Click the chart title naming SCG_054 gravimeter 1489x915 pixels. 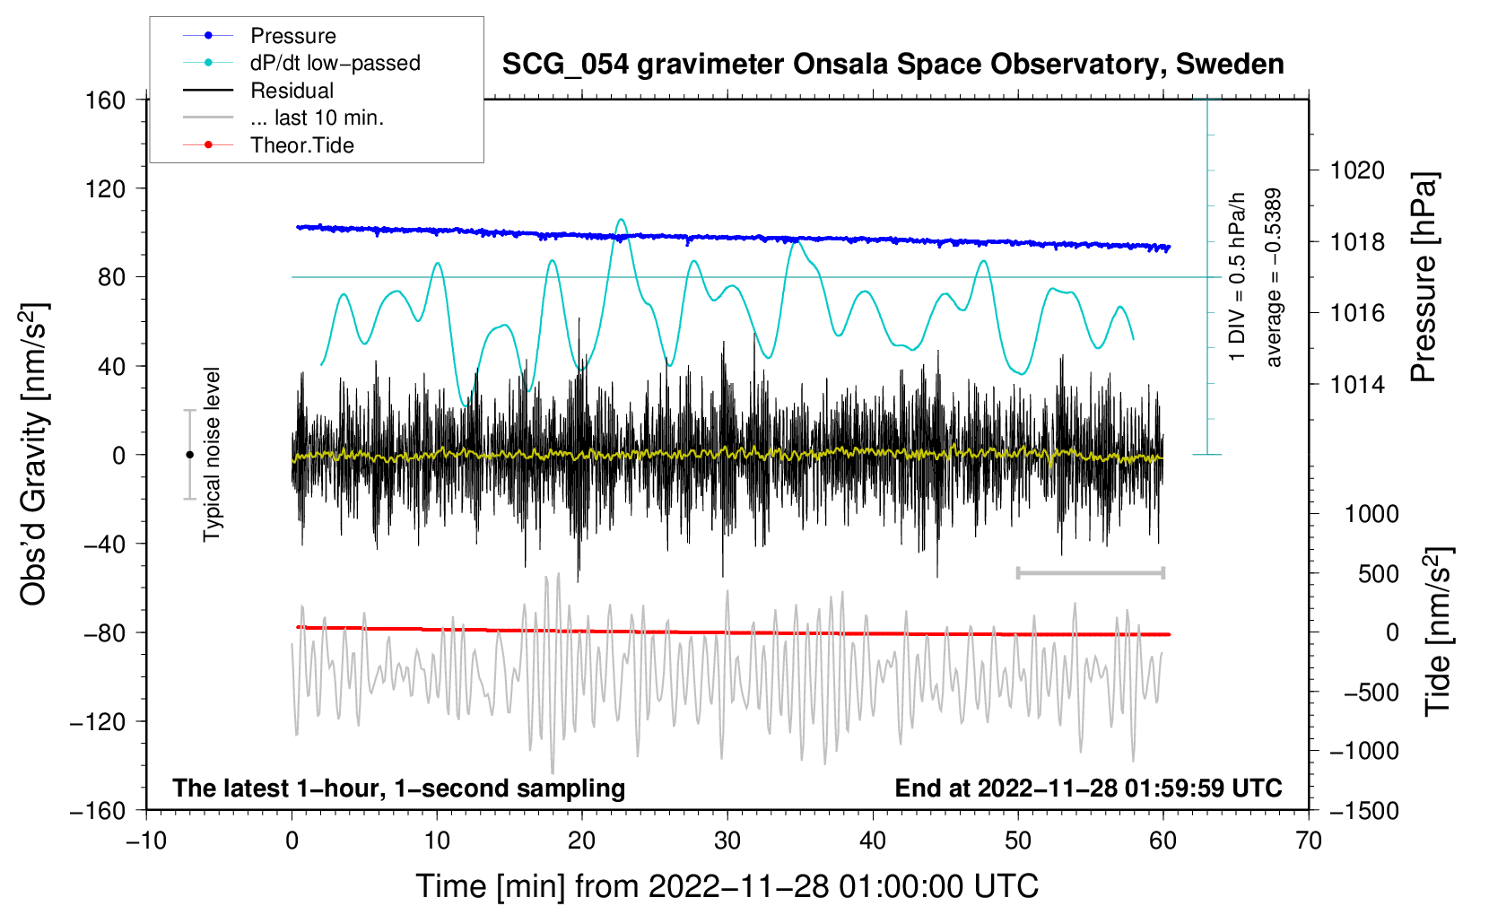pos(893,65)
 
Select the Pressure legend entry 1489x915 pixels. pos(292,36)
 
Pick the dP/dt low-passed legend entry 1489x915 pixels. pos(335,63)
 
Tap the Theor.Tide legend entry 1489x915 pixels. pos(301,145)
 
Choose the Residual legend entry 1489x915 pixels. pos(292,91)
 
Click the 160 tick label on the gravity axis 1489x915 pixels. pos(105,100)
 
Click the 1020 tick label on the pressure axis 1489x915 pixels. pos(1357,170)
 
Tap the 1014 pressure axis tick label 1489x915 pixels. pos(1357,385)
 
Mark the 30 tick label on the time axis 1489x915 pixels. pos(727,841)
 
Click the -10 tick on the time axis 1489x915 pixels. pos(146,841)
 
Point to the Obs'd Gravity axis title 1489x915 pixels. pos(33,455)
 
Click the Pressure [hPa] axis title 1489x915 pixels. pos(1424,278)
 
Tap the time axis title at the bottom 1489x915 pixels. pos(727,886)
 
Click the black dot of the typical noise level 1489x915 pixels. pos(189,455)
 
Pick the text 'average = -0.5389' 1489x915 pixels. pos(1273,278)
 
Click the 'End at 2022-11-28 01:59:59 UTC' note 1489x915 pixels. pos(1088,789)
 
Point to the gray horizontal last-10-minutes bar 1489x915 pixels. pos(1090,572)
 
